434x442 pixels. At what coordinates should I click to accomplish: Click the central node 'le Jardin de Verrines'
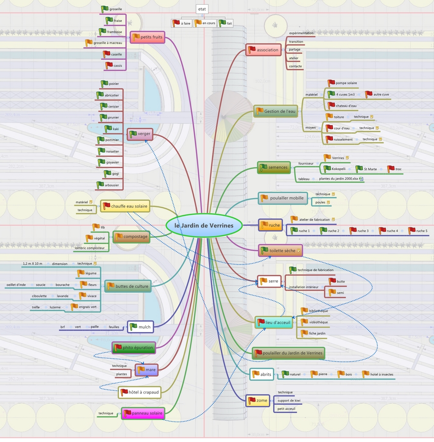point(204,225)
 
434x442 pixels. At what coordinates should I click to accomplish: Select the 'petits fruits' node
point(147,37)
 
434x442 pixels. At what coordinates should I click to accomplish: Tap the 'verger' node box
point(139,134)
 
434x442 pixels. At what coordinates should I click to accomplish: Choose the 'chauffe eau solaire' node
point(125,206)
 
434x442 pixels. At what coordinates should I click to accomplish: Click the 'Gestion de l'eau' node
point(276,112)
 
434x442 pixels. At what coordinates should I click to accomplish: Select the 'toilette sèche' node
point(281,251)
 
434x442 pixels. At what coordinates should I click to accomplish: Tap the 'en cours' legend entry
point(205,23)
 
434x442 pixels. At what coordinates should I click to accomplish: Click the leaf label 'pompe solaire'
point(346,83)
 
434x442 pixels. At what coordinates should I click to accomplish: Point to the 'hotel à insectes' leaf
point(381,374)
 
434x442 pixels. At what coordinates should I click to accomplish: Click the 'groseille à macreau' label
point(108,43)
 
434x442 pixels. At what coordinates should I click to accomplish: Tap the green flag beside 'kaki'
point(108,128)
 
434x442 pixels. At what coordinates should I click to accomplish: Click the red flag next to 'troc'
point(390,169)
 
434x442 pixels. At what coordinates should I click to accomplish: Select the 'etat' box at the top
point(202,9)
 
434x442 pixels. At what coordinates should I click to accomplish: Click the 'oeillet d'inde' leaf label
point(16,285)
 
